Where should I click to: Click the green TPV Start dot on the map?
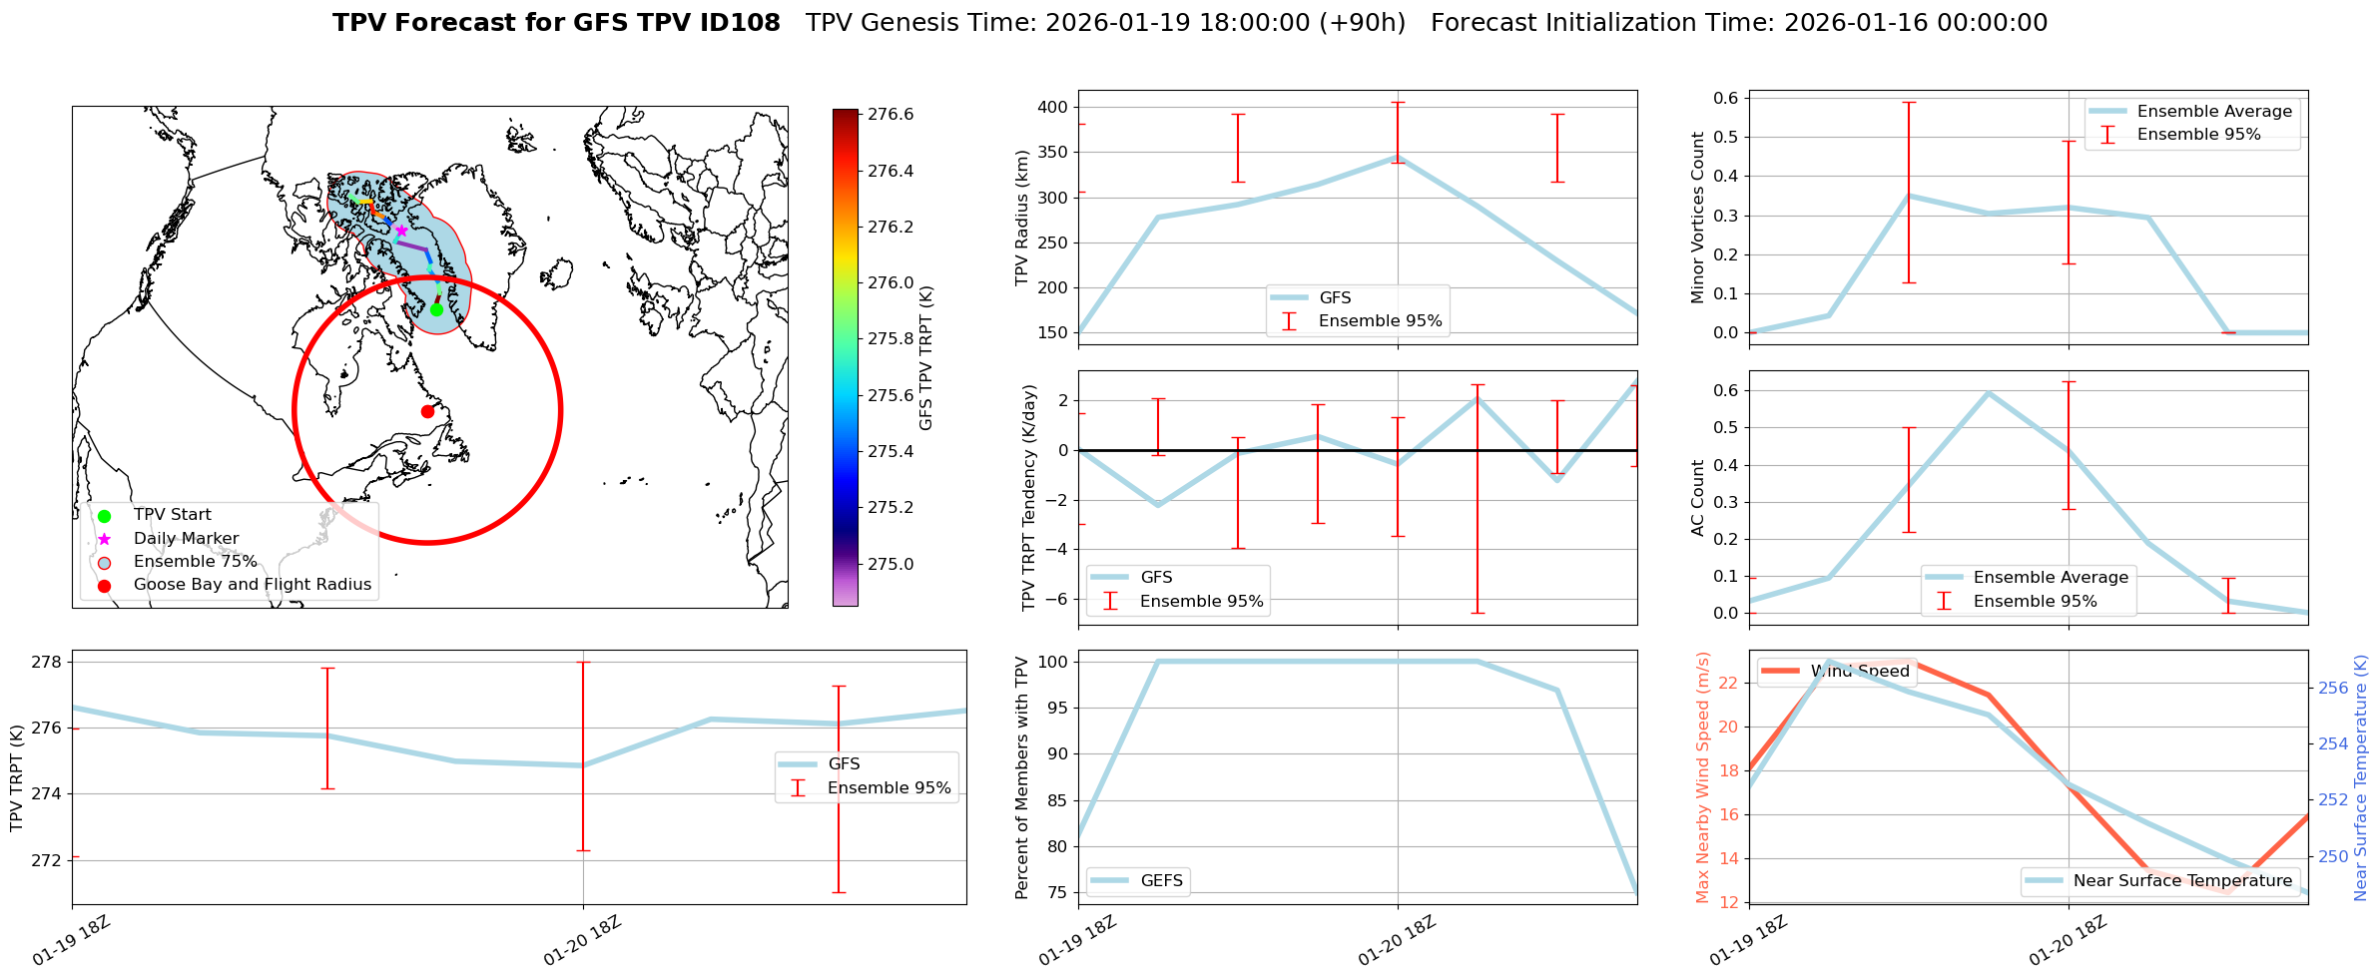[x=436, y=309]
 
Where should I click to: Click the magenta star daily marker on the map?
[x=401, y=231]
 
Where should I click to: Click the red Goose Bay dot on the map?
[x=427, y=411]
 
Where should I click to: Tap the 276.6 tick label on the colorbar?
[x=891, y=115]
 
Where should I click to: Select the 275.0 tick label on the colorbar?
[x=891, y=564]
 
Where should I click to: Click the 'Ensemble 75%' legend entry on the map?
[x=195, y=562]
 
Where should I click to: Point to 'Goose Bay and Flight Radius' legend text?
[x=252, y=585]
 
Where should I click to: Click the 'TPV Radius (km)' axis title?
[x=1021, y=218]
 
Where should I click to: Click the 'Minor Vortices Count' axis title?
[x=1697, y=218]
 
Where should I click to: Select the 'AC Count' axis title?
[x=1697, y=498]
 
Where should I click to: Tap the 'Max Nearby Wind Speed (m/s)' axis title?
[x=1702, y=777]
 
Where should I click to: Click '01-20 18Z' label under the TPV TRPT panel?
[x=582, y=941]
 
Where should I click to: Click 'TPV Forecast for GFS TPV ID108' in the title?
[x=556, y=23]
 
